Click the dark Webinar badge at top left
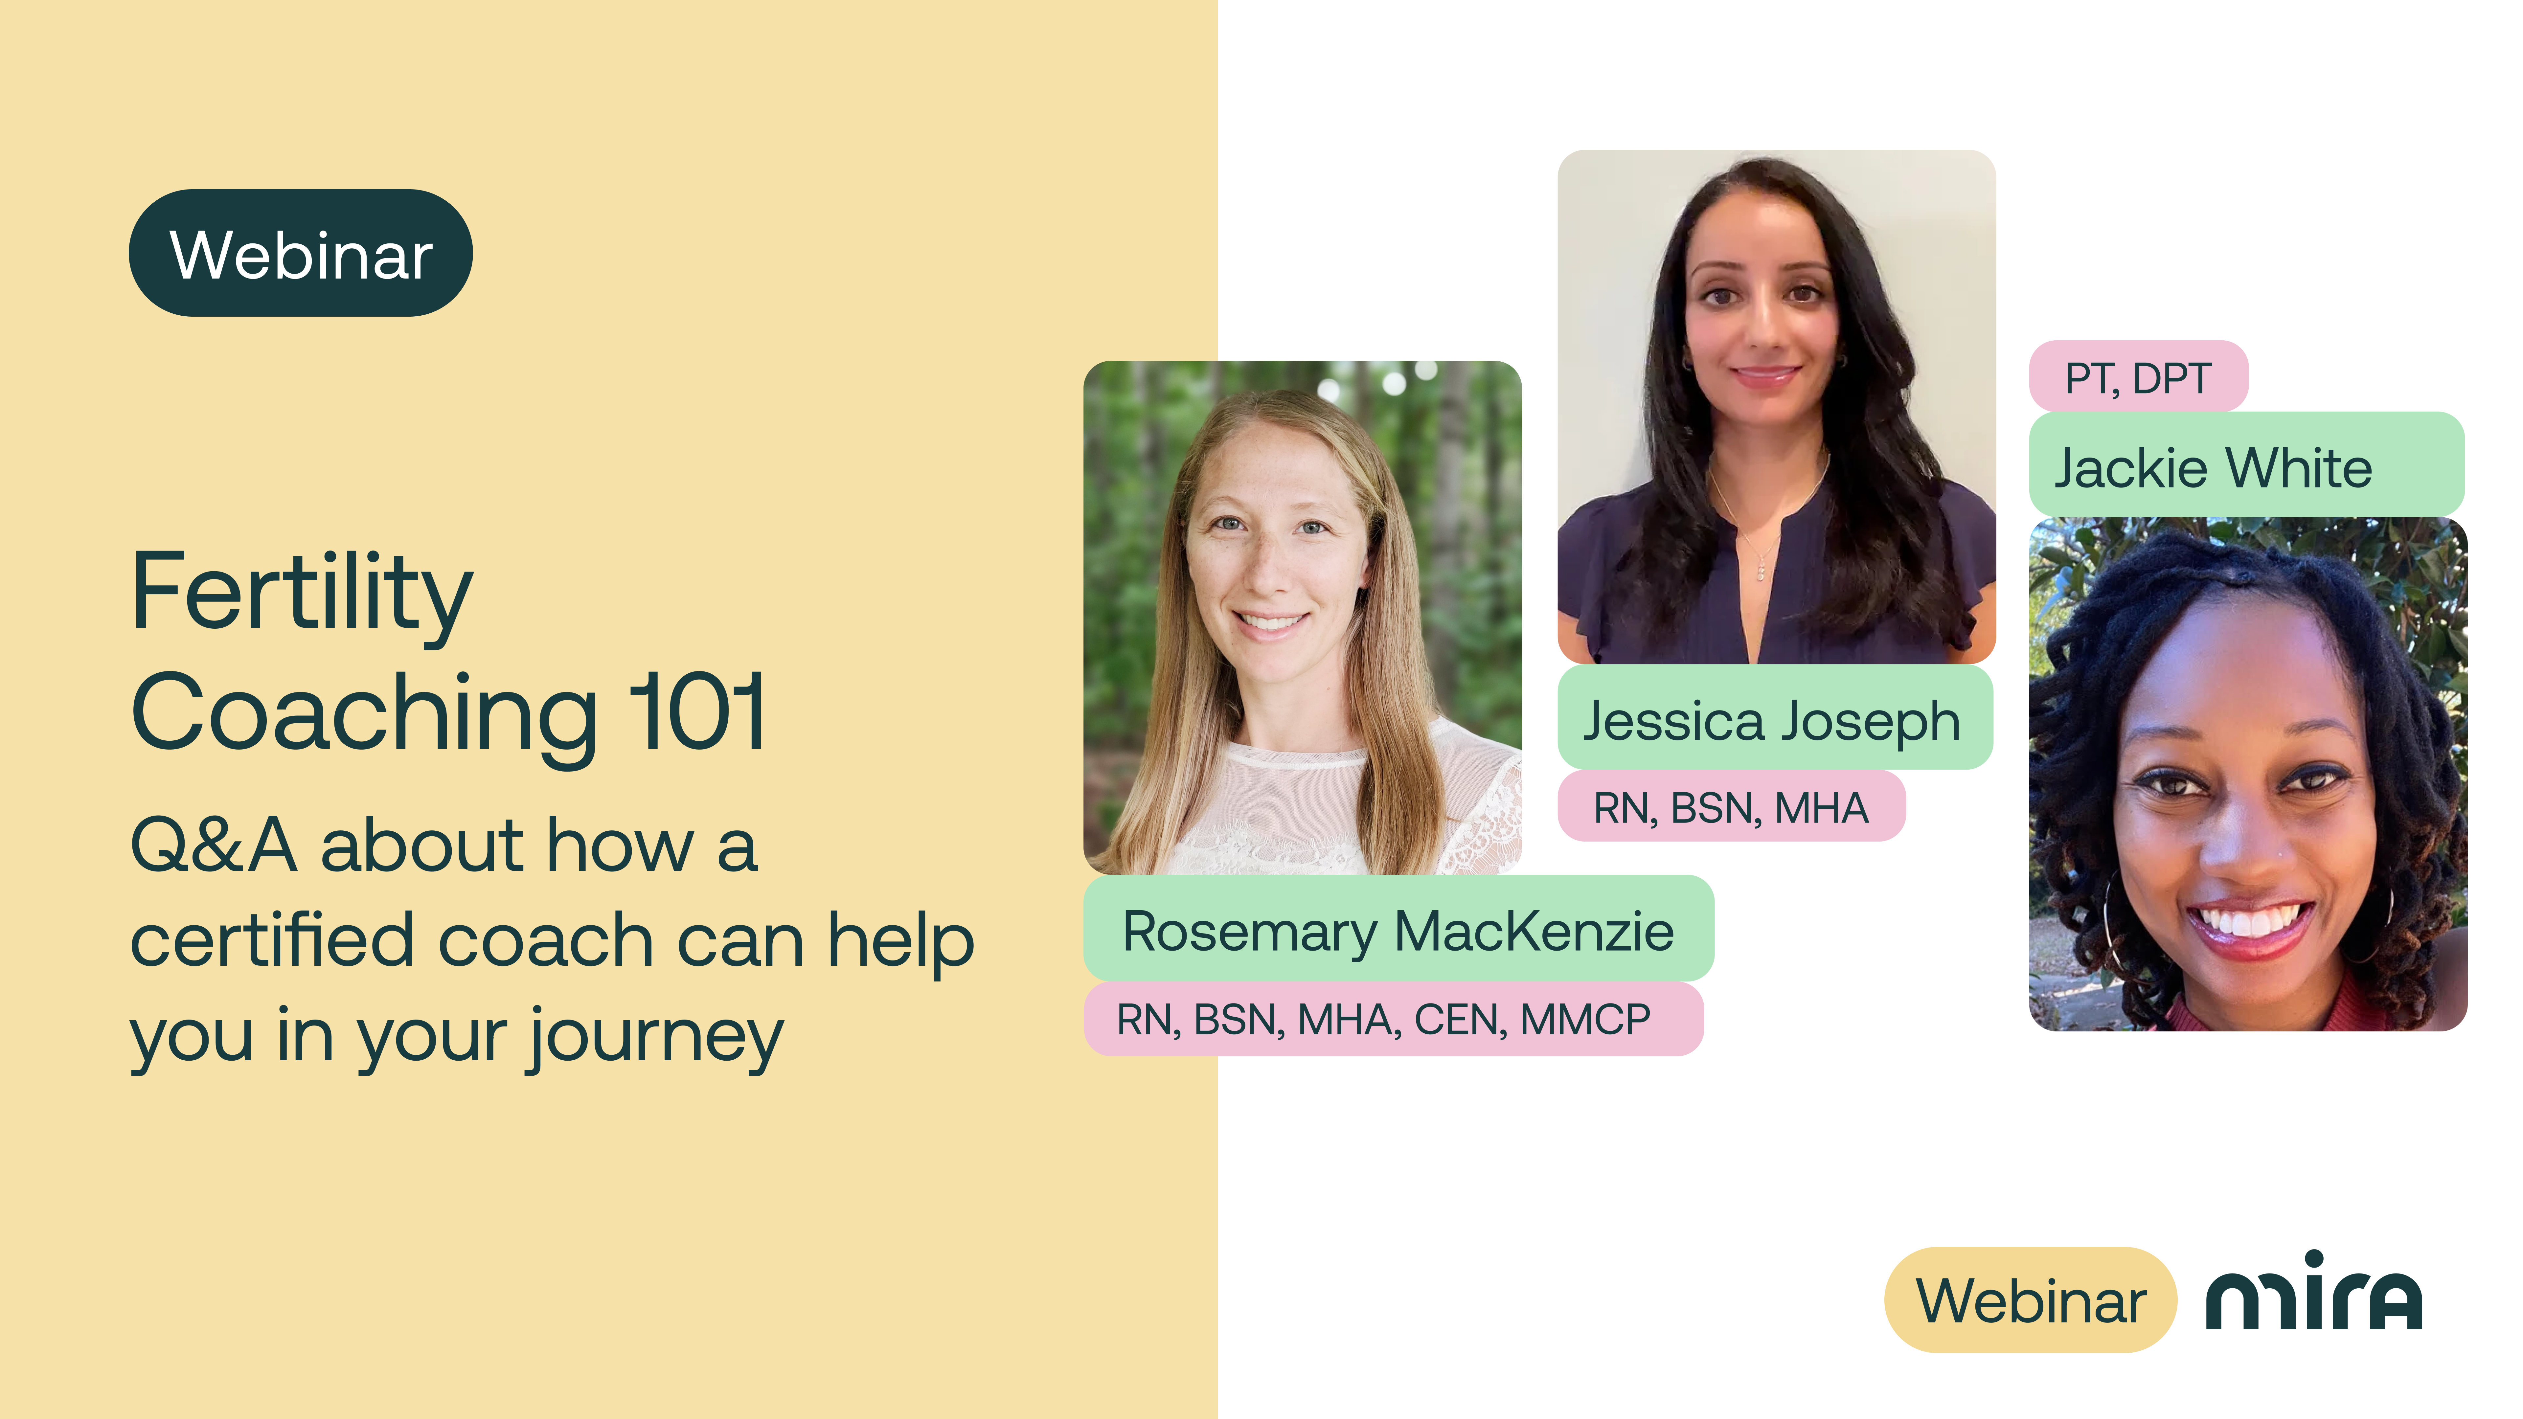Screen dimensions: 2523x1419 301,253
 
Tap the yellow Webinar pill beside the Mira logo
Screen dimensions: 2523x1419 2030,1299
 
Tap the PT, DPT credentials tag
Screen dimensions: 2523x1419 2138,377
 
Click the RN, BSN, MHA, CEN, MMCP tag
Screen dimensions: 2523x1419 1393,1020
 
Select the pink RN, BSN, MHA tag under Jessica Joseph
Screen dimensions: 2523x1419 1731,806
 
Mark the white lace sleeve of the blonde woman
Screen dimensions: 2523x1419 1484,803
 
